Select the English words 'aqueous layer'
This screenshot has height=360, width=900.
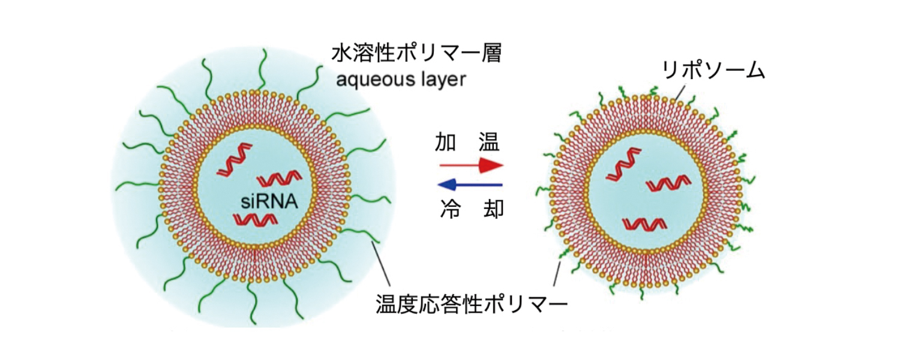(x=401, y=79)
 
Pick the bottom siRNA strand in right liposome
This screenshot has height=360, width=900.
(x=644, y=224)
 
